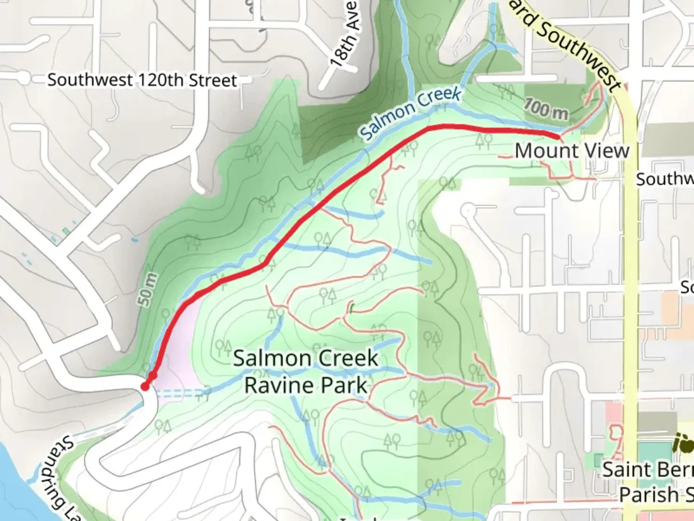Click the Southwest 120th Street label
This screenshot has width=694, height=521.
coord(142,80)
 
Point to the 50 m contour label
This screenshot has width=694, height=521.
coord(148,289)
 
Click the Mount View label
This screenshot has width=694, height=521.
coord(572,151)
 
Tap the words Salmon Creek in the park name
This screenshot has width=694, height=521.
coord(306,358)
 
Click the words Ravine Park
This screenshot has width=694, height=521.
coord(306,385)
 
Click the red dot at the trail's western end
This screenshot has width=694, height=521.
coord(145,386)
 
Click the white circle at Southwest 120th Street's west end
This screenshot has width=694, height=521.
coord(24,79)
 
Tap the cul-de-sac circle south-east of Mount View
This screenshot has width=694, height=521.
coord(468,211)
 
